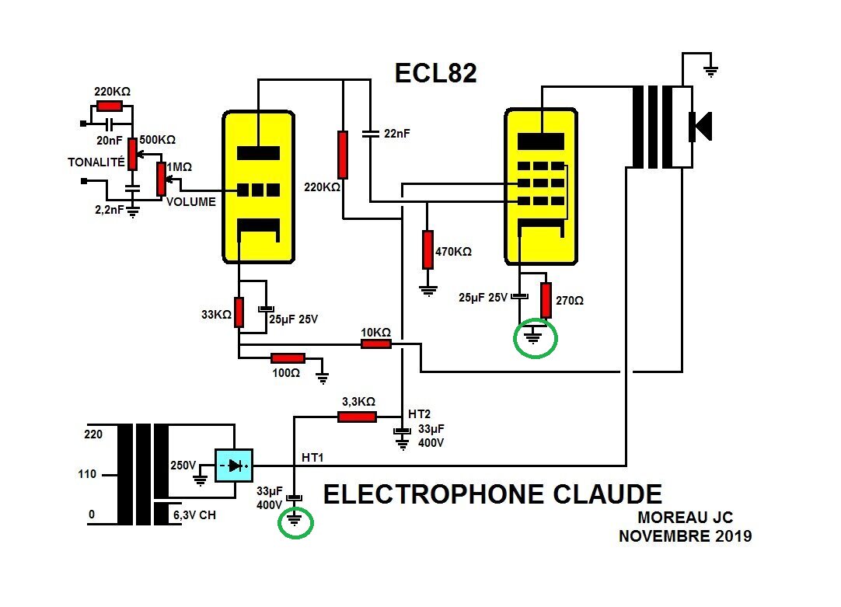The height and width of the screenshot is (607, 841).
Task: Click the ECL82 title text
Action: point(435,73)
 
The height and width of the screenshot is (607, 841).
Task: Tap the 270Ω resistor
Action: point(546,300)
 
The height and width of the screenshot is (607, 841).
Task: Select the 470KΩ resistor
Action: point(427,249)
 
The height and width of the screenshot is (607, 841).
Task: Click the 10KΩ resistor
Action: point(376,344)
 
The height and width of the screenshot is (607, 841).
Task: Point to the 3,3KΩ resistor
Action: point(358,417)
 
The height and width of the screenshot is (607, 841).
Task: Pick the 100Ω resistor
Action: point(288,358)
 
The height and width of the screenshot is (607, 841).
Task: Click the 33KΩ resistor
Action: point(239,312)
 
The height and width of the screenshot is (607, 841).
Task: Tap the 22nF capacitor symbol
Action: point(371,134)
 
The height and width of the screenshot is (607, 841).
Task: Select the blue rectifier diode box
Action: point(234,466)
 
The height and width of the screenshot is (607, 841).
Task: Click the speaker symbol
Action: point(700,127)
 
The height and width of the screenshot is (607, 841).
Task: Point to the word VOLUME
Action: point(191,201)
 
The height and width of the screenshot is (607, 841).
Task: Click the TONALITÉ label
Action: point(96,162)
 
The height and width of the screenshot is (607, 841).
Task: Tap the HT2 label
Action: point(419,414)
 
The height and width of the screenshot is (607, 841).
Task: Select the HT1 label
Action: point(312,458)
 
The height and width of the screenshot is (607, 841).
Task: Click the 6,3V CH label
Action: point(194,515)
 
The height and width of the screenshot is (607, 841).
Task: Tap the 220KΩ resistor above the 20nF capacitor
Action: point(110,106)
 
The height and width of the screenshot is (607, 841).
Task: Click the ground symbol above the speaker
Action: point(711,72)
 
